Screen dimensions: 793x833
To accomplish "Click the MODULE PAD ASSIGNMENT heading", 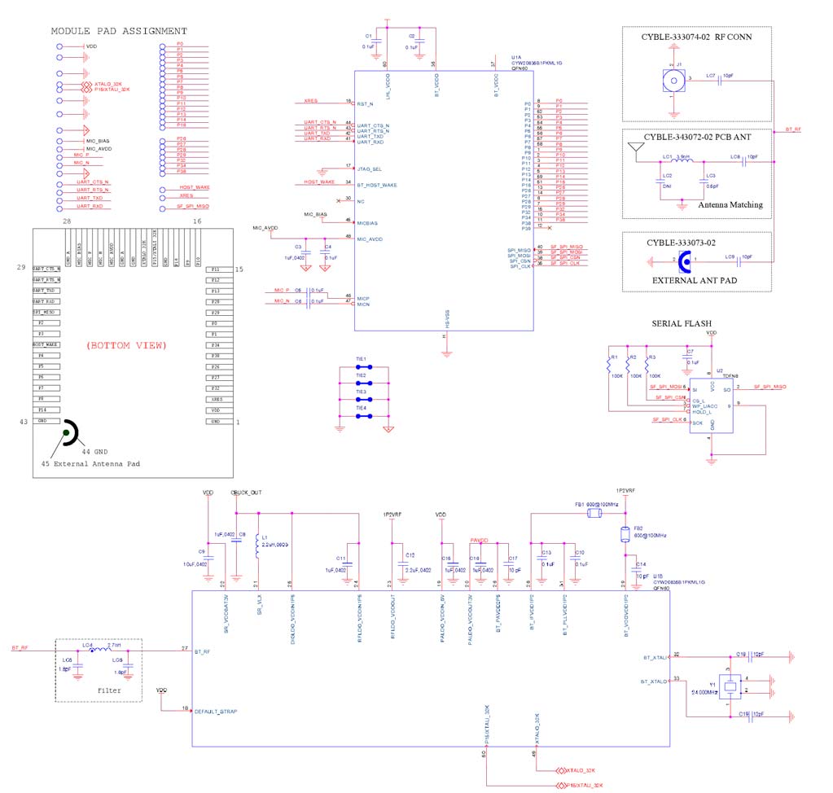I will coord(119,31).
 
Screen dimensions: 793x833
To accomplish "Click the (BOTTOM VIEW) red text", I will coord(126,345).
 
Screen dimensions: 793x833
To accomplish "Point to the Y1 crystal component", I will coord(730,686).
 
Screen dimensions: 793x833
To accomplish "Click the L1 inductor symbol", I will coord(257,548).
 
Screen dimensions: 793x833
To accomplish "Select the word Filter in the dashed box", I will coord(109,690).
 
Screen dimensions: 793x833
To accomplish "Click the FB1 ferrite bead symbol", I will coord(596,513).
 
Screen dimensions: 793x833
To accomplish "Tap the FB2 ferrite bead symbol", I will coord(625,534).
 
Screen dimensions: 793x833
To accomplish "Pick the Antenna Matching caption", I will coord(730,204).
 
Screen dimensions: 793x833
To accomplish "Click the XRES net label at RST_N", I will coord(309,103).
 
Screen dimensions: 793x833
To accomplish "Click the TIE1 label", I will coord(361,359).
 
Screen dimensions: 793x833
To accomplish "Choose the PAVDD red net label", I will coord(478,540).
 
